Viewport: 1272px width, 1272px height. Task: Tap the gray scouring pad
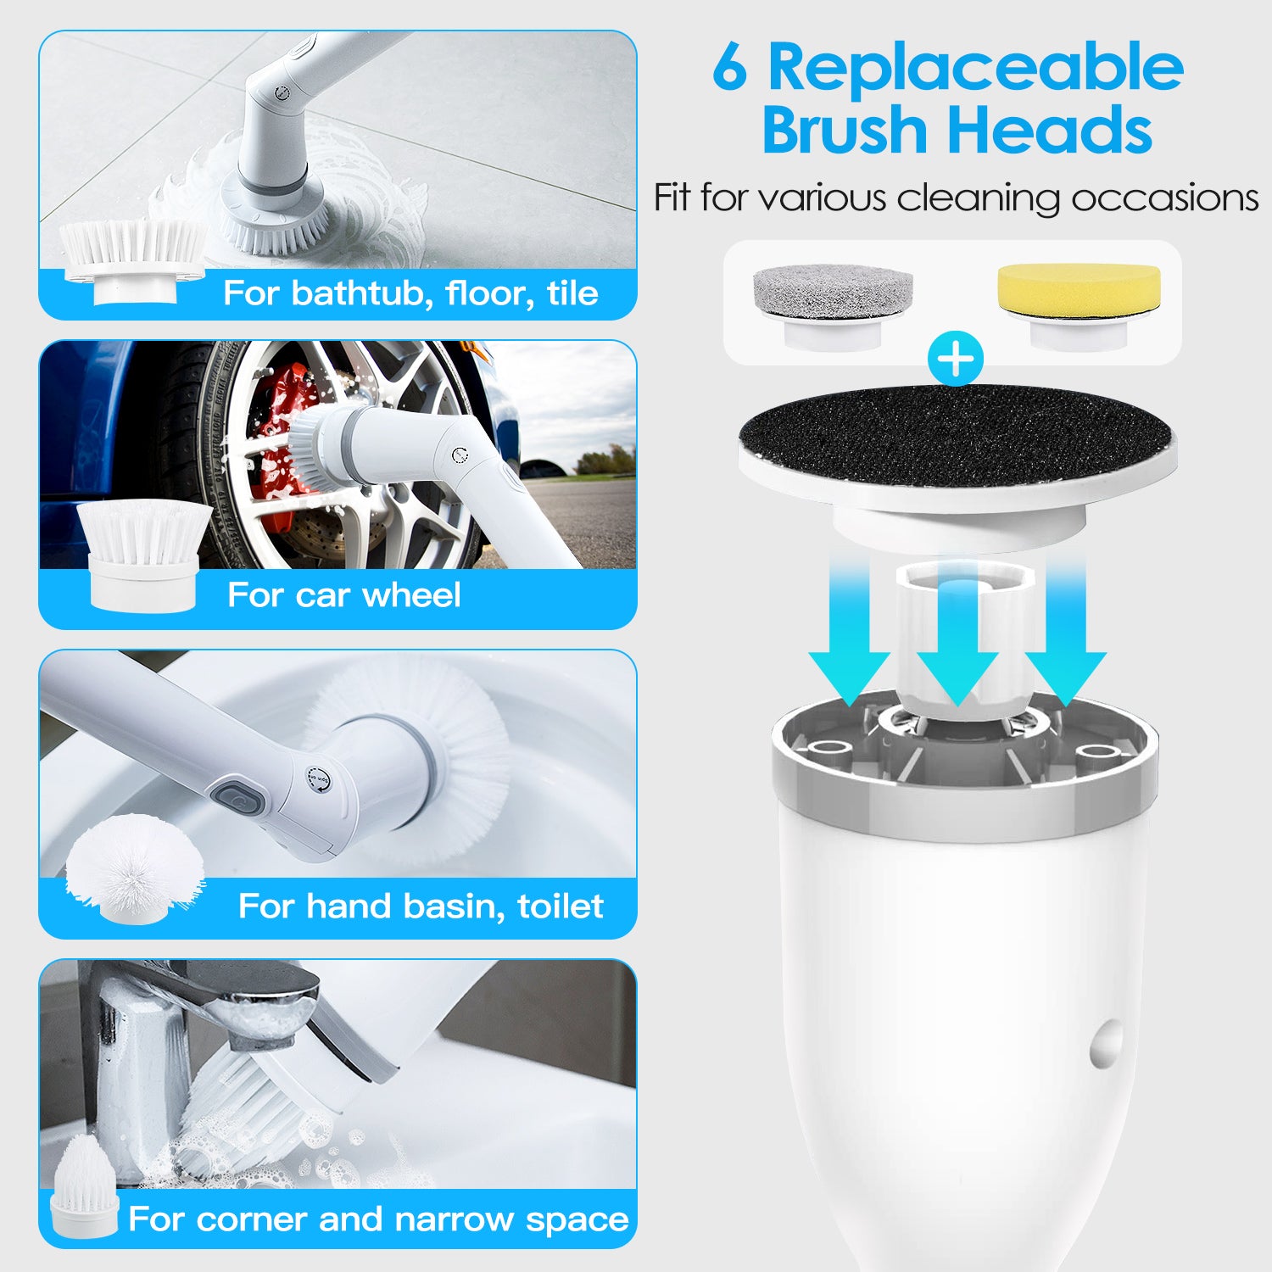(x=833, y=288)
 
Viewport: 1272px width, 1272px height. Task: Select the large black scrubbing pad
(x=956, y=436)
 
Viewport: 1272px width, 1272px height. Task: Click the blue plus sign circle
(x=956, y=360)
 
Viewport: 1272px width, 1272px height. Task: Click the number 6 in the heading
(x=730, y=68)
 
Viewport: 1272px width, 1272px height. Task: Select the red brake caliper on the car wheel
(x=280, y=424)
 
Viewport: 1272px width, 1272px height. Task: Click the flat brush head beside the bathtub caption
(x=134, y=258)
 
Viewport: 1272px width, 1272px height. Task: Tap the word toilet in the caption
(x=560, y=907)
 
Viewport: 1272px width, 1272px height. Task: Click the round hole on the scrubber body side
(x=1107, y=1044)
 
